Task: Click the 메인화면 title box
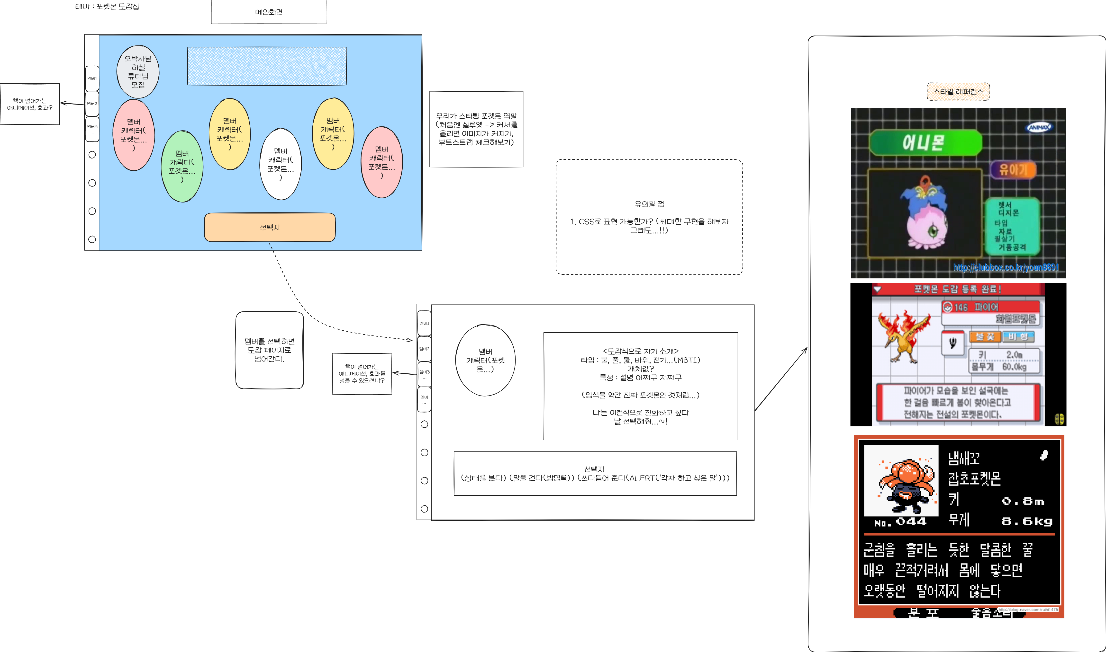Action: (269, 12)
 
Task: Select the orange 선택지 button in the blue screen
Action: (270, 227)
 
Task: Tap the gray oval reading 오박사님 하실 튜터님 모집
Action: (138, 72)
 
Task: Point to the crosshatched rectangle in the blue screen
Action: (267, 66)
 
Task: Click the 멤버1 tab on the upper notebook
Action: (92, 78)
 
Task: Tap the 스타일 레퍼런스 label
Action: (958, 91)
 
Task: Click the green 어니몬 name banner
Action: (925, 142)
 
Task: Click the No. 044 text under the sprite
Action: (900, 522)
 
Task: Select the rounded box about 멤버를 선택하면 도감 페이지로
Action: (270, 350)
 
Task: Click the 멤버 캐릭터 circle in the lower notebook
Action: (485, 360)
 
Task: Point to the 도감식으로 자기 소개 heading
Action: (641, 351)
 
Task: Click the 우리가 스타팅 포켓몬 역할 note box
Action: (476, 129)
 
